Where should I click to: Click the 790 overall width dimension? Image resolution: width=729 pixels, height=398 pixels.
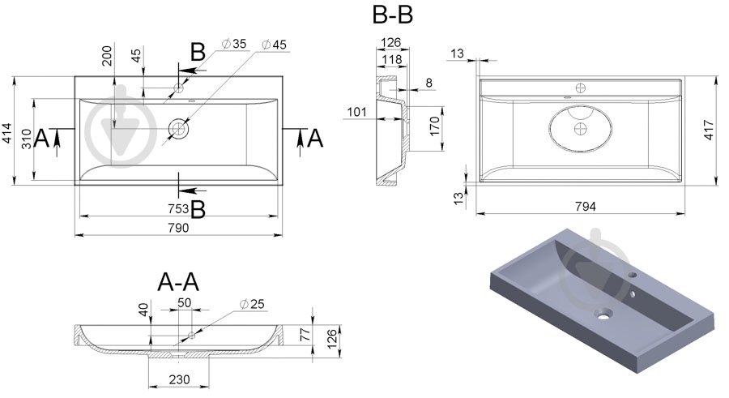(178, 228)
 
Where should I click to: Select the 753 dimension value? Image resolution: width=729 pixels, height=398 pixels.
(178, 209)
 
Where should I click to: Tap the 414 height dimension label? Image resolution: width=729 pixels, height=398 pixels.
(7, 133)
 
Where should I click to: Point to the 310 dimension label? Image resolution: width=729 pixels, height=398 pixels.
(28, 140)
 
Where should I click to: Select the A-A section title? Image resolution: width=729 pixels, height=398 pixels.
(178, 281)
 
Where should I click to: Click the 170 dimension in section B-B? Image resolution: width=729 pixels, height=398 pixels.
(434, 126)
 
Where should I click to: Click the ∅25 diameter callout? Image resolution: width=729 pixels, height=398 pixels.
(253, 304)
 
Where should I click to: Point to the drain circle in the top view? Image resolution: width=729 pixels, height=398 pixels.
(178, 127)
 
